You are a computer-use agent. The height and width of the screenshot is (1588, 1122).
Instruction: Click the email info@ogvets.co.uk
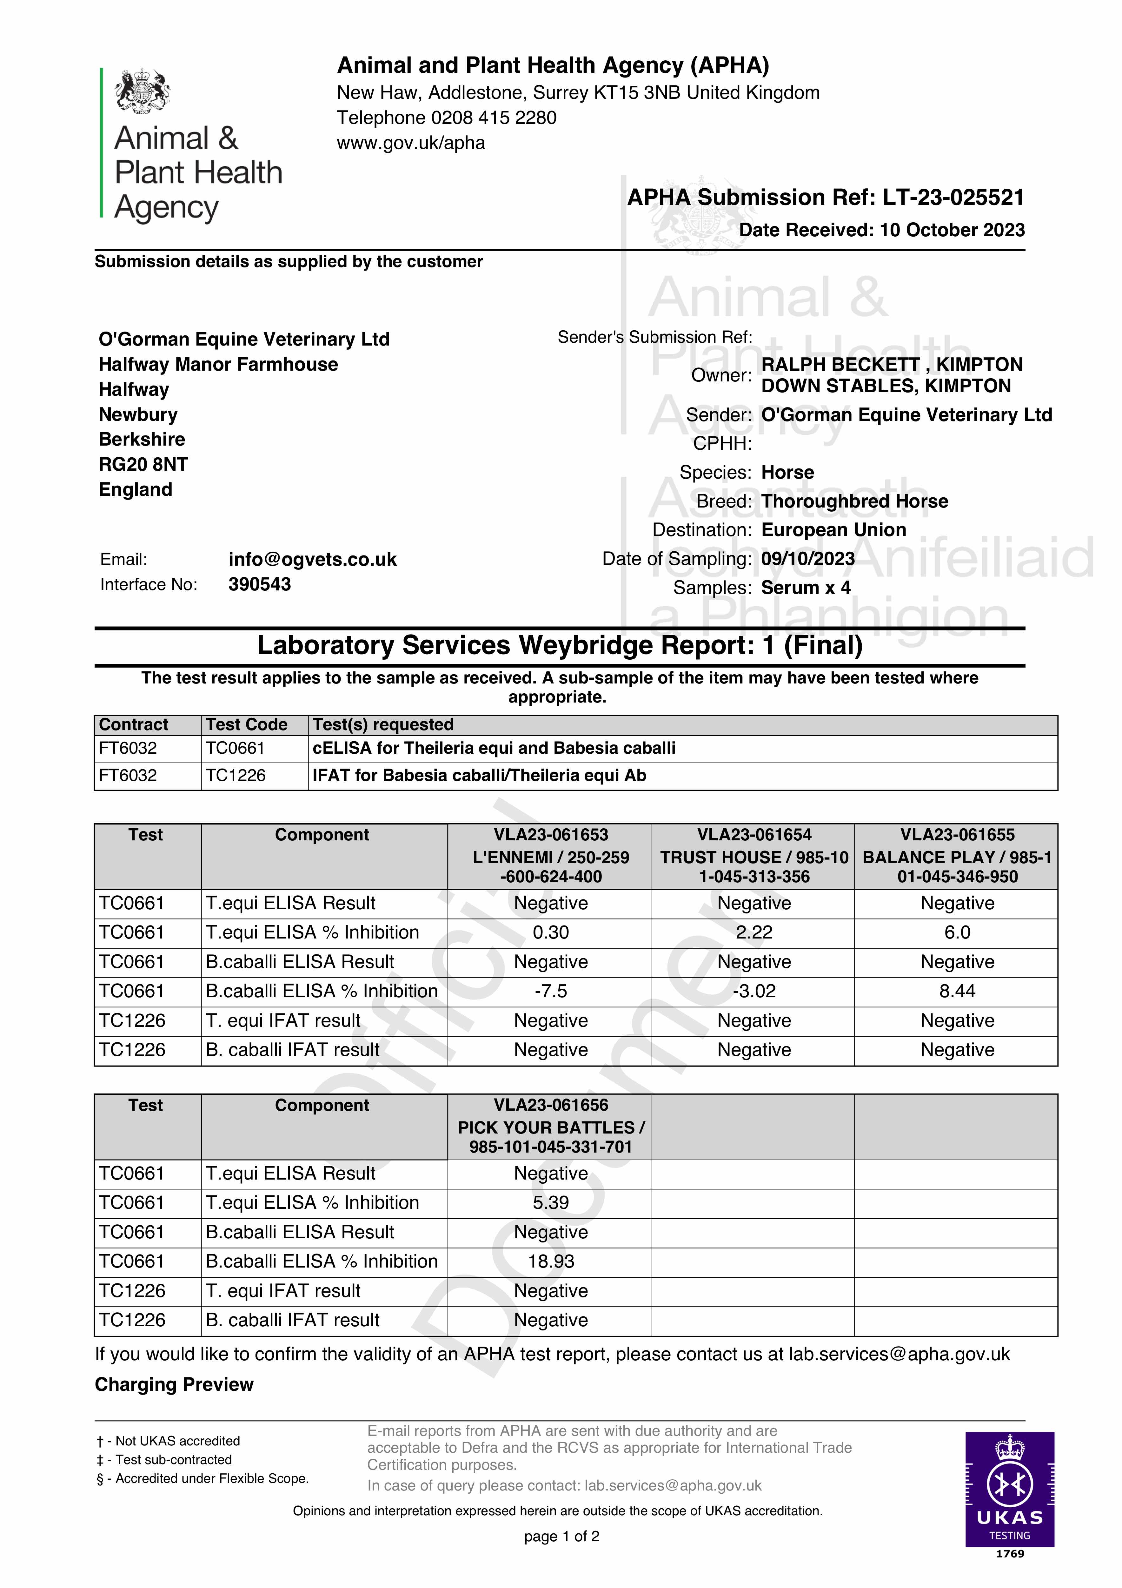click(x=312, y=560)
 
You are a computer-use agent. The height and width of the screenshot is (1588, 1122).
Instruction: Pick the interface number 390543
click(x=260, y=584)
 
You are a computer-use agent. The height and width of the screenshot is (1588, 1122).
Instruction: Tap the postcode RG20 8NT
click(x=143, y=464)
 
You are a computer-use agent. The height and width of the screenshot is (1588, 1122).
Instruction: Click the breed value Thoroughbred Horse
click(x=854, y=501)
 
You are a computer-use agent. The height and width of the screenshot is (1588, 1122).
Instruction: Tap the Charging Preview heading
click(x=174, y=1385)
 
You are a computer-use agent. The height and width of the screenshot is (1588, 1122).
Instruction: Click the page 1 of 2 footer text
click(x=561, y=1537)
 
